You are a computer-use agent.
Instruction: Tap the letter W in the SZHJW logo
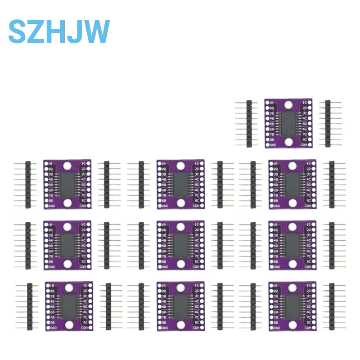[95, 31]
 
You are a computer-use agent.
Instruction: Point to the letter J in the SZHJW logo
[75, 31]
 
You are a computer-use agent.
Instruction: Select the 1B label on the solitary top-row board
[271, 103]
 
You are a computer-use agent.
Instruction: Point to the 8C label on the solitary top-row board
[305, 139]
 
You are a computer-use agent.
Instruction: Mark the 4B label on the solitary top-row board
[271, 118]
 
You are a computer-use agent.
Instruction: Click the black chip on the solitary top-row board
[288, 123]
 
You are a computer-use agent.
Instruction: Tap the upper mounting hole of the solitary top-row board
[288, 105]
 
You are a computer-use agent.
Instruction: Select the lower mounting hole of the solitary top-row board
[288, 142]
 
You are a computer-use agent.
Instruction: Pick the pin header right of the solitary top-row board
[327, 123]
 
